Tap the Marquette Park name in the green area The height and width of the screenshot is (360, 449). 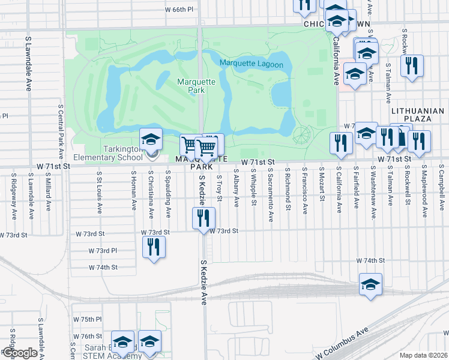191,86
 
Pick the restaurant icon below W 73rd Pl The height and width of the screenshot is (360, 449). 154,247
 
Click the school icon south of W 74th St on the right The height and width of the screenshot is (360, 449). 370,285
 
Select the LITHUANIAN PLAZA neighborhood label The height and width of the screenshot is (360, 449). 417,115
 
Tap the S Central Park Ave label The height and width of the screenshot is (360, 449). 61,130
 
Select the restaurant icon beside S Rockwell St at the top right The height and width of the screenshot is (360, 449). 412,67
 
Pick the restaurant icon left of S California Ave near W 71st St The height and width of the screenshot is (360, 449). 339,143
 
